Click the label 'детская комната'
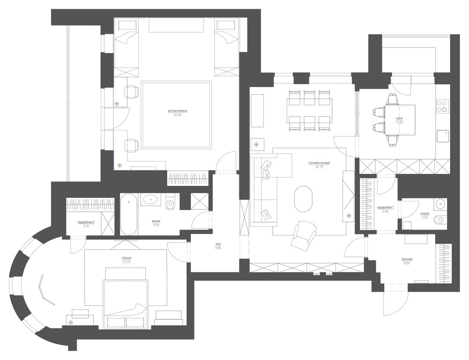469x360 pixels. (178, 111)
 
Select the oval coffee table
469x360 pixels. (303, 199)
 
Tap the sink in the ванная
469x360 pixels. (152, 199)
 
